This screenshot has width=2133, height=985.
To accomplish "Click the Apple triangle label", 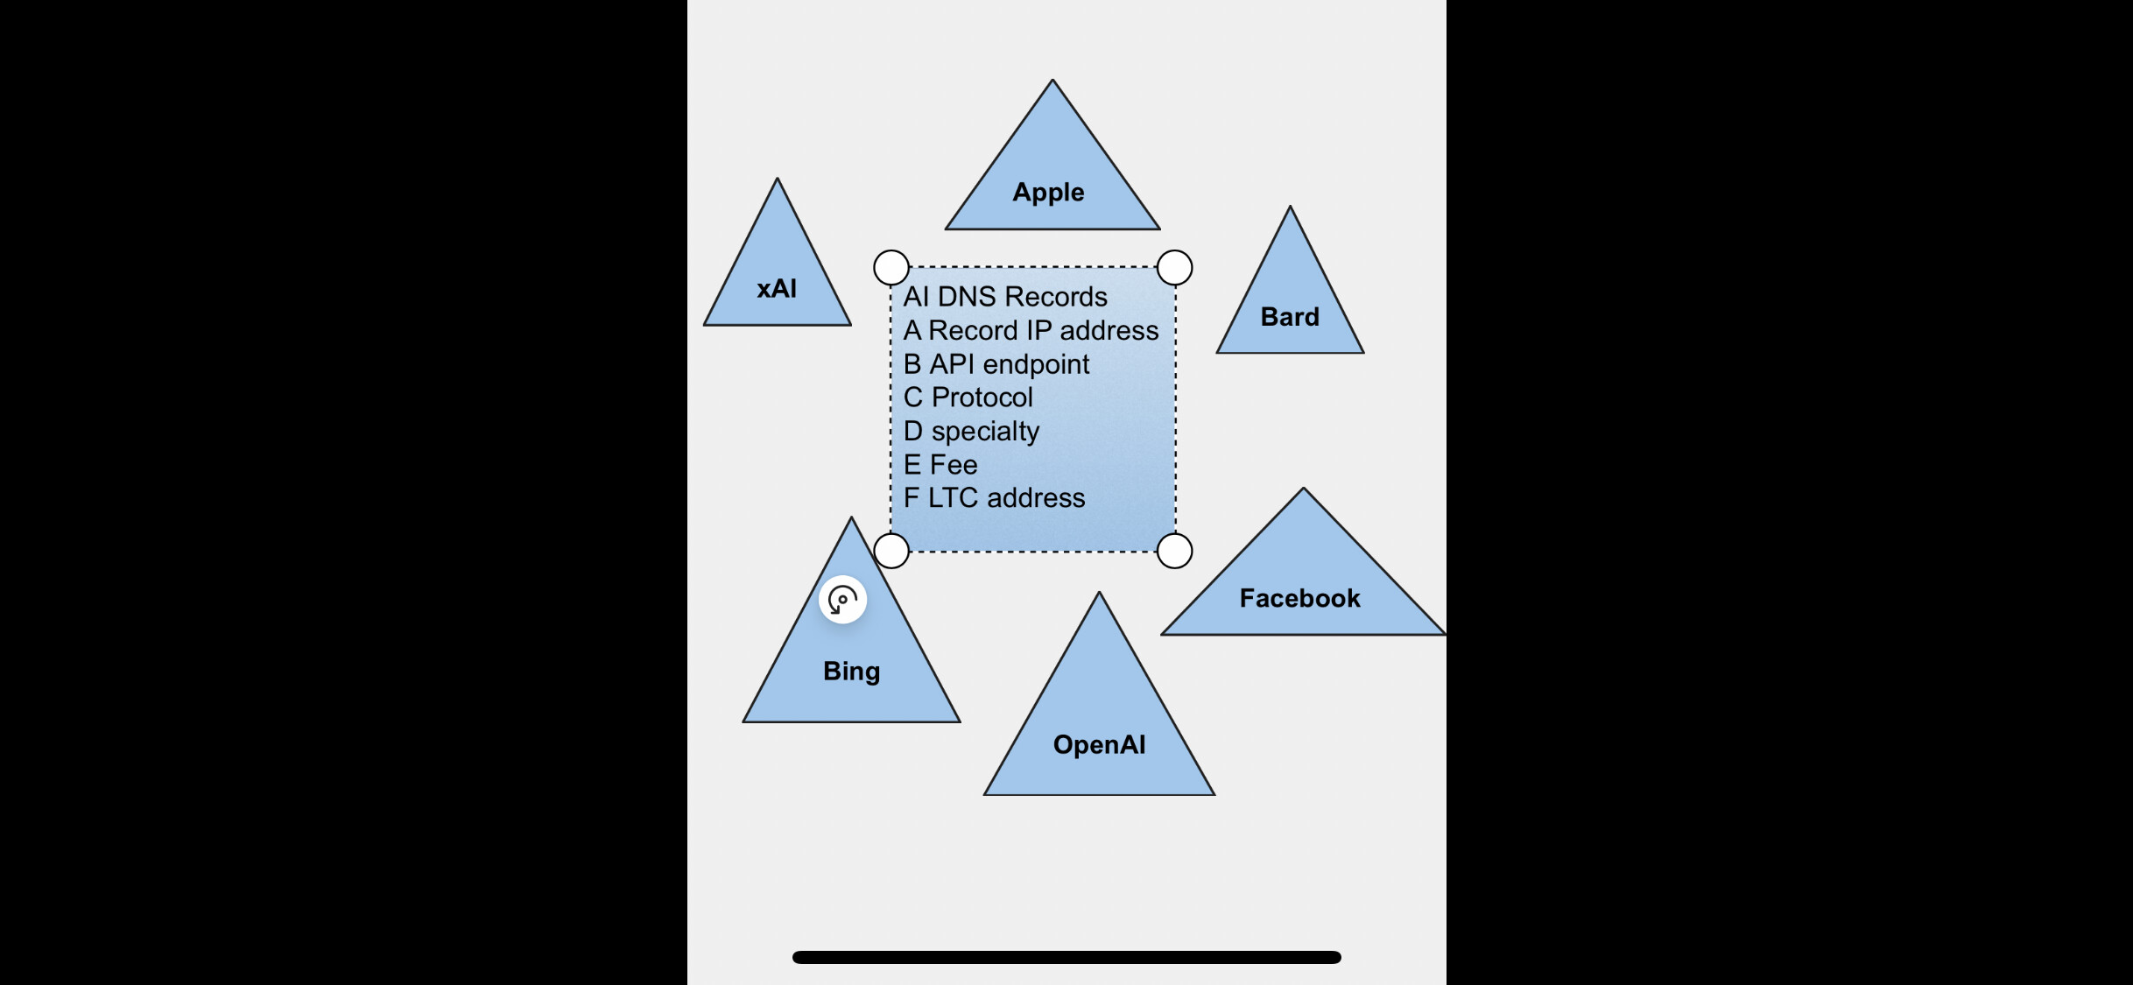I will (x=1048, y=192).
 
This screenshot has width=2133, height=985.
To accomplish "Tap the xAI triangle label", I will (x=777, y=288).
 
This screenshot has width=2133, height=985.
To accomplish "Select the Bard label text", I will (x=1290, y=316).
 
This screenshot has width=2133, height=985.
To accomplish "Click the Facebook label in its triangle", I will (x=1299, y=598).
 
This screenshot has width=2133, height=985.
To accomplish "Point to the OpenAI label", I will (x=1099, y=744).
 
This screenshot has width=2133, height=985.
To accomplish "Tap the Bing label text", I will (x=851, y=671).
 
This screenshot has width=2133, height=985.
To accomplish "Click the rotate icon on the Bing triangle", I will (x=842, y=600).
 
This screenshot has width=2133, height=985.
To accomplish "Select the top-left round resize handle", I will (x=891, y=267).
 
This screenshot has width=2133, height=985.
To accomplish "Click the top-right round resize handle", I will (x=1174, y=267).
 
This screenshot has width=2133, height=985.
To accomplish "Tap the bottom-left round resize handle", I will (x=891, y=551).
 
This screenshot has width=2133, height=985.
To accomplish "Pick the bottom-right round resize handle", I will (x=1174, y=551).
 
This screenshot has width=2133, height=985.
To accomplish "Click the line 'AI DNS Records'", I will (x=1005, y=297).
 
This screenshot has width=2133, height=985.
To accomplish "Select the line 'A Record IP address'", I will (x=1031, y=330).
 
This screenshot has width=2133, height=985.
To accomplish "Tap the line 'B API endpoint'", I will (x=996, y=363).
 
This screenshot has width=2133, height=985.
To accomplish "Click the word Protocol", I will (x=982, y=398).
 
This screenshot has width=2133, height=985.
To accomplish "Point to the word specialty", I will (x=985, y=431).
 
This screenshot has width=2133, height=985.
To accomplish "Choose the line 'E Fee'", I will (x=940, y=464).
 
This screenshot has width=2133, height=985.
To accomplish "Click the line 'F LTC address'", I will (x=994, y=497).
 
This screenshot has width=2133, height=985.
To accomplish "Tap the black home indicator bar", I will (x=1066, y=957).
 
